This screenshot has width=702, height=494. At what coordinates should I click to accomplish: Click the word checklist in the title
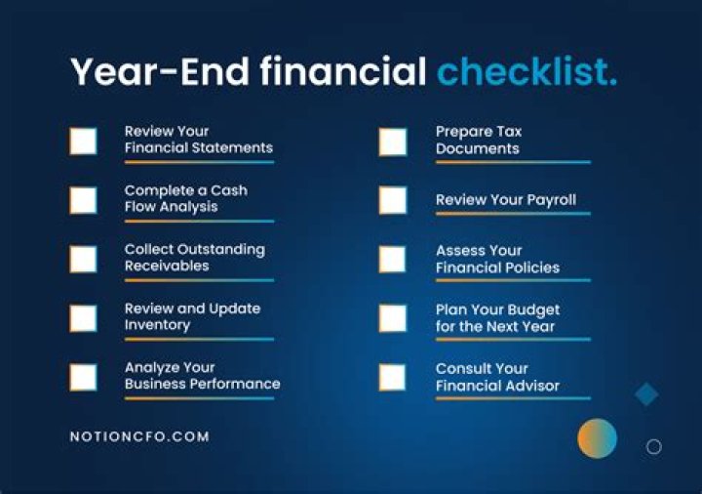[526, 72]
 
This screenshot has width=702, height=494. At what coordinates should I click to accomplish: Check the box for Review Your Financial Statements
[83, 141]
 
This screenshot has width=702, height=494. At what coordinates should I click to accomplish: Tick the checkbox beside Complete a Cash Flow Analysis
[83, 200]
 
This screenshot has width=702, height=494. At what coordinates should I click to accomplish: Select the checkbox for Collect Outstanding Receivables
[83, 259]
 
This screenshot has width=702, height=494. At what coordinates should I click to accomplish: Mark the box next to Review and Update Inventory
[83, 317]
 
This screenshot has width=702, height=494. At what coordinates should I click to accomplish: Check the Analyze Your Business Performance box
[83, 377]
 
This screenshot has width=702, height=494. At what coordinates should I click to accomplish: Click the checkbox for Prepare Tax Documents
[393, 141]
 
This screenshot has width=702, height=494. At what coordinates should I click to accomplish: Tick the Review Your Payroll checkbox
[393, 200]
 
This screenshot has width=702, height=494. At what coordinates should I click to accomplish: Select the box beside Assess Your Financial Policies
[393, 259]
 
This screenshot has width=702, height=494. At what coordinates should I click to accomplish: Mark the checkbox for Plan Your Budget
[393, 317]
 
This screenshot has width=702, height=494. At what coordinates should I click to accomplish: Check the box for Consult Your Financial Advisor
[393, 377]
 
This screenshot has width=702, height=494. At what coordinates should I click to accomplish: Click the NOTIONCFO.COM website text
[139, 436]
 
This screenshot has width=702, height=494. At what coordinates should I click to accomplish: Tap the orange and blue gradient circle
[597, 438]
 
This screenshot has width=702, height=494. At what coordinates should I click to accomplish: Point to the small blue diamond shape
[646, 394]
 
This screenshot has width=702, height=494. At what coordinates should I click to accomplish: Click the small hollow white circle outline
[654, 446]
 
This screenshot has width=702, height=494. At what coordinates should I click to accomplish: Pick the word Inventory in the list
[157, 325]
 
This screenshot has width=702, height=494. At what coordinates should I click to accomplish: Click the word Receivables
[166, 266]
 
